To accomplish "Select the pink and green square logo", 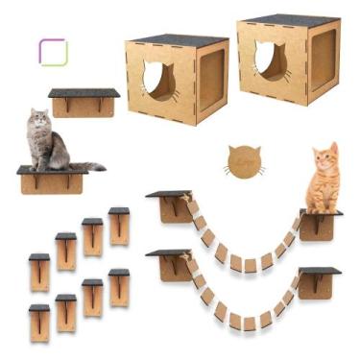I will coord(53,51).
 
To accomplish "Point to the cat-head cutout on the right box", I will coord(271,61).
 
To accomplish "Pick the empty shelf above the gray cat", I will coord(84,93).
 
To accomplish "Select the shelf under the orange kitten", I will coord(319,215).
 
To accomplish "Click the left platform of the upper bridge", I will coord(168,196).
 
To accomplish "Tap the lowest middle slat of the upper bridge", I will coord(246,264).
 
